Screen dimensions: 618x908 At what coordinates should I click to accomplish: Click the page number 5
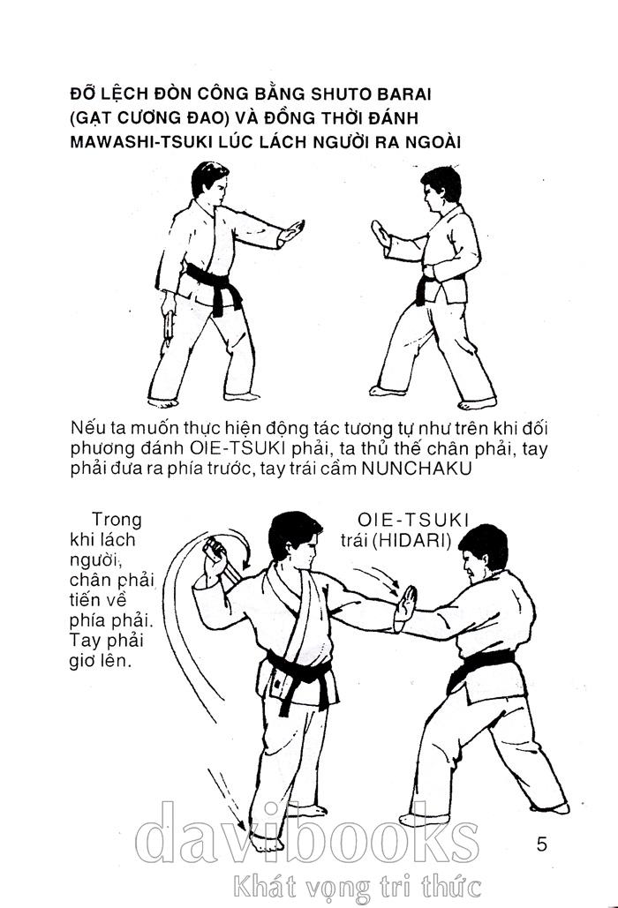click(541, 844)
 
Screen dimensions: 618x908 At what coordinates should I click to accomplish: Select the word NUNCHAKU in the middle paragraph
click(416, 468)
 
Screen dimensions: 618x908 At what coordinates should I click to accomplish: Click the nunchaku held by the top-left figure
click(169, 325)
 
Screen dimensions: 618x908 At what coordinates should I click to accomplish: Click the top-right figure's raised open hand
click(381, 234)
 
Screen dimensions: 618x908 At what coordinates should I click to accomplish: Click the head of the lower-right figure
click(483, 553)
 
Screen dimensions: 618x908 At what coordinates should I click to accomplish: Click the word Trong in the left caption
click(117, 520)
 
